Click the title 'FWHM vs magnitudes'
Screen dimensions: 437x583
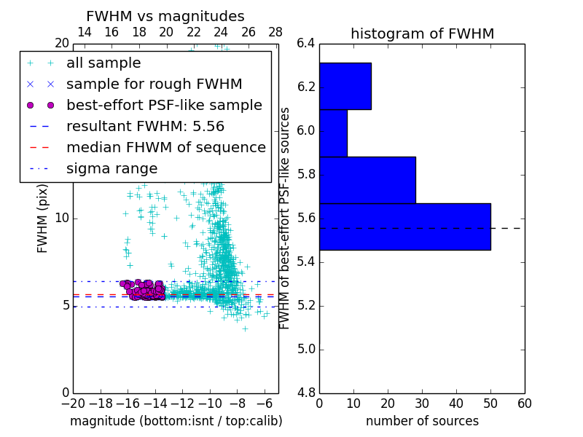pos(165,16)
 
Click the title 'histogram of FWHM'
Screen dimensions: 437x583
pos(422,34)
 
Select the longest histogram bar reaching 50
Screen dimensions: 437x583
pos(404,227)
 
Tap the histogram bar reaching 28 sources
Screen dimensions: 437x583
pos(367,180)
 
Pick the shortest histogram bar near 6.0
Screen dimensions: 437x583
pos(333,133)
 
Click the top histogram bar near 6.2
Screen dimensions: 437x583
pos(345,86)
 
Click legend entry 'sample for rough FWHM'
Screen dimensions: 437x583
pos(154,84)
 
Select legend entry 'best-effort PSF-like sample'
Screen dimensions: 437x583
pos(164,105)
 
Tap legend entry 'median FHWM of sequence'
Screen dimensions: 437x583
pos(165,147)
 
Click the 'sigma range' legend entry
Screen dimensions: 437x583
pos(111,168)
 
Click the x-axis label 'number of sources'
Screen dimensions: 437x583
pos(422,421)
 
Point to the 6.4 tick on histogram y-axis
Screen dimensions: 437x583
pos(306,44)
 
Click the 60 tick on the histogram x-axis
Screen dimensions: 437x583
pos(524,403)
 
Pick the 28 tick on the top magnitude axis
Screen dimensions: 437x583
pos(275,32)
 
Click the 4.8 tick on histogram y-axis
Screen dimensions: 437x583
pos(306,393)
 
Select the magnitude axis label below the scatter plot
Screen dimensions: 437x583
pos(176,421)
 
